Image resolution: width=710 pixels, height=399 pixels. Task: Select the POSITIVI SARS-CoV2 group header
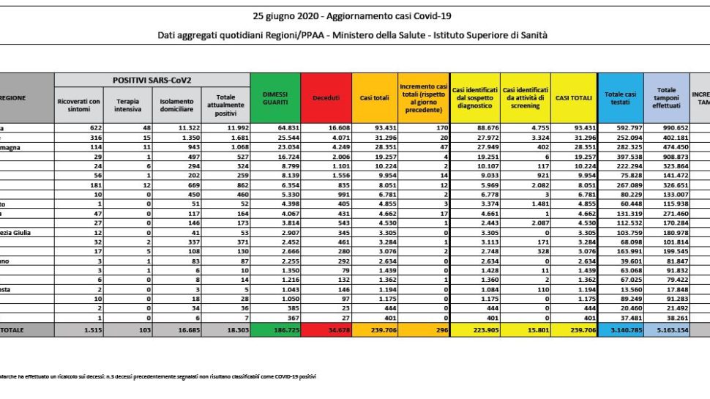click(x=152, y=79)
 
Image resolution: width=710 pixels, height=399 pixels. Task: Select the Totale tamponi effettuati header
click(x=666, y=97)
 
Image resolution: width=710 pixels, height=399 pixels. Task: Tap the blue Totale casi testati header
click(x=621, y=97)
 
